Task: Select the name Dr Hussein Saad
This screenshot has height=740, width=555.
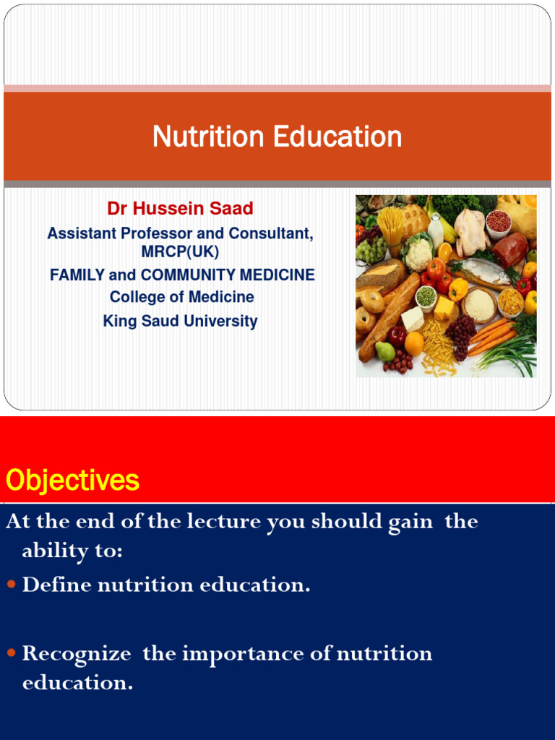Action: [x=180, y=209]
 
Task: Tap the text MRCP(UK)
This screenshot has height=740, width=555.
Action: [x=180, y=252]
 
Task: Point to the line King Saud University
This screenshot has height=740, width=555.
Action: [x=180, y=321]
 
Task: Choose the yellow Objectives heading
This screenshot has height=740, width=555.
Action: [x=72, y=481]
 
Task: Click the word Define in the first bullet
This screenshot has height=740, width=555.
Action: [x=57, y=585]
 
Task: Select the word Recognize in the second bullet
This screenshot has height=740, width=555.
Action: [x=77, y=654]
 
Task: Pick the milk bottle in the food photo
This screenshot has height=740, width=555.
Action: [x=435, y=230]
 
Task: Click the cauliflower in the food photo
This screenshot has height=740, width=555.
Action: [x=418, y=254]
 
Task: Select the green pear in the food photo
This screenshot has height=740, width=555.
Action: [x=385, y=351]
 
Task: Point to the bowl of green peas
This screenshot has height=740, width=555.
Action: [x=426, y=296]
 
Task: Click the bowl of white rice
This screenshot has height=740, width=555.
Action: [x=479, y=304]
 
